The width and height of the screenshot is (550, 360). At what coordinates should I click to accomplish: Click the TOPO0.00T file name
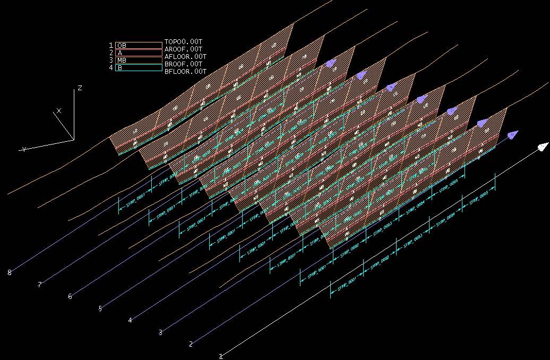click(x=184, y=41)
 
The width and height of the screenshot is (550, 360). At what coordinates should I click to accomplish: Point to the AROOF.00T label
click(x=184, y=49)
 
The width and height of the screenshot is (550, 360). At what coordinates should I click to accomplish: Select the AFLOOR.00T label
click(x=185, y=56)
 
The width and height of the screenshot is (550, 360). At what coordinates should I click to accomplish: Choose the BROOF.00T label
click(x=184, y=64)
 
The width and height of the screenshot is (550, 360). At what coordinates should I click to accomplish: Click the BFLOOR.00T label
click(x=185, y=71)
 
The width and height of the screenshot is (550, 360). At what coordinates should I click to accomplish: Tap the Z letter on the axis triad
click(x=80, y=88)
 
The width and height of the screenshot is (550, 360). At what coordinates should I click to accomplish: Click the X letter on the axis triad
click(x=59, y=110)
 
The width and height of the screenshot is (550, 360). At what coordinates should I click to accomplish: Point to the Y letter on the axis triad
click(x=24, y=150)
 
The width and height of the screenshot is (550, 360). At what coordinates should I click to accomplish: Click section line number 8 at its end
click(x=10, y=272)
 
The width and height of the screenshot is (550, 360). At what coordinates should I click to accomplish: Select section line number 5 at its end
click(x=100, y=308)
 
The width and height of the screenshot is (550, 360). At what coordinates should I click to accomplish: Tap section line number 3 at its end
click(x=160, y=332)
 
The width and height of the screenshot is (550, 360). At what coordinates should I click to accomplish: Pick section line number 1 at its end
click(x=221, y=356)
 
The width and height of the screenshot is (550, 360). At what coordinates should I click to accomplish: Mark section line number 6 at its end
click(x=70, y=296)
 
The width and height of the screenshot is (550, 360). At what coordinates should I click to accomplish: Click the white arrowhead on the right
click(x=542, y=147)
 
